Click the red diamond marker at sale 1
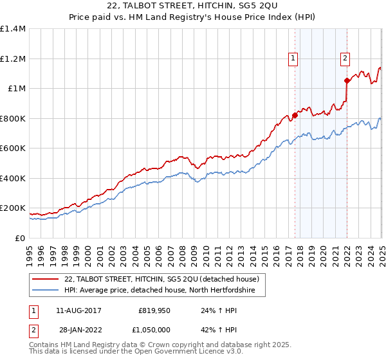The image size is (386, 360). (295, 116)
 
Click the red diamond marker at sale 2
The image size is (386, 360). (347, 81)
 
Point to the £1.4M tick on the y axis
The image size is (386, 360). (13, 29)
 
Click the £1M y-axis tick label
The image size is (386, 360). (17, 89)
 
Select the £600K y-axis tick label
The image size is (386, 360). (13, 148)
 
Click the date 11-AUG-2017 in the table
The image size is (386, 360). (78, 310)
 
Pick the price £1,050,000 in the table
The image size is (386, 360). (154, 330)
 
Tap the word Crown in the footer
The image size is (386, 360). (155, 346)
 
